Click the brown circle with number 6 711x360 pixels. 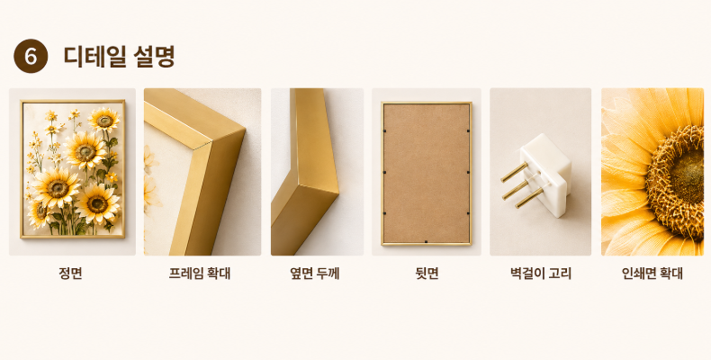click(31, 56)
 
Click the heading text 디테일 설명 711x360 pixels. click(119, 56)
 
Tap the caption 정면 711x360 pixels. click(71, 274)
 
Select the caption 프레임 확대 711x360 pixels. click(200, 274)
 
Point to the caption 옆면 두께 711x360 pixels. click(315, 274)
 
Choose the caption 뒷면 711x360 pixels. click(427, 274)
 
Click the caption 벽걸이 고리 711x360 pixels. click(541, 274)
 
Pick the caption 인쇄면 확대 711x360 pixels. click(652, 274)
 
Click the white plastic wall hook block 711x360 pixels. click(546, 174)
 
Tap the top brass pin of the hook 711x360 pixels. click(515, 172)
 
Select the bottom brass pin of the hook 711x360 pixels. click(529, 197)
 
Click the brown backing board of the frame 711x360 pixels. click(427, 173)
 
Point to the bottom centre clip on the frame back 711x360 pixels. click(426, 242)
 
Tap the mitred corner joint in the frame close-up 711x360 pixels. click(205, 145)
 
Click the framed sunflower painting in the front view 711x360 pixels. click(73, 168)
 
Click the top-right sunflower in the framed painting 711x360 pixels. click(104, 121)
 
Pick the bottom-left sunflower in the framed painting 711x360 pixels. click(39, 213)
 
